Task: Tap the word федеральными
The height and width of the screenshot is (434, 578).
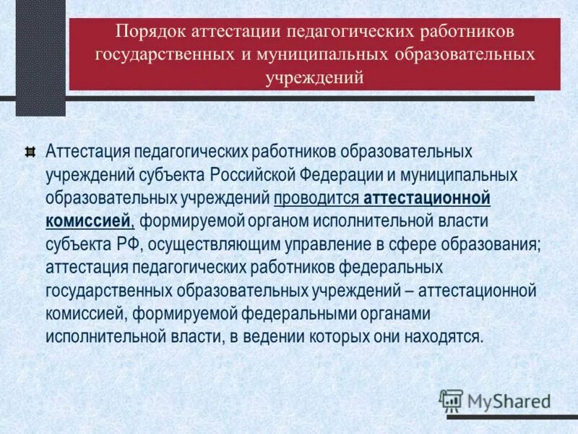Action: [275, 314]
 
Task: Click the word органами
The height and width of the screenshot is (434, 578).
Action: [376, 314]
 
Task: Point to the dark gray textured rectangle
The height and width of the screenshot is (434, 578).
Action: [40, 58]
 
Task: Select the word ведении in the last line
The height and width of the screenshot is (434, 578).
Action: [260, 337]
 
